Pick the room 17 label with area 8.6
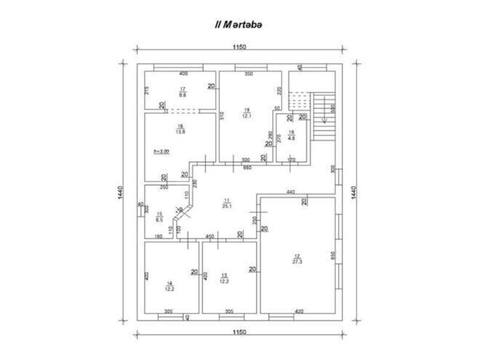(x=183, y=92)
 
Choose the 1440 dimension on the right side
(x=354, y=192)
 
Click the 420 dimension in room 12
(x=300, y=311)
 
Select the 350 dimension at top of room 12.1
(x=248, y=74)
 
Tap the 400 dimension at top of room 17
(x=183, y=73)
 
